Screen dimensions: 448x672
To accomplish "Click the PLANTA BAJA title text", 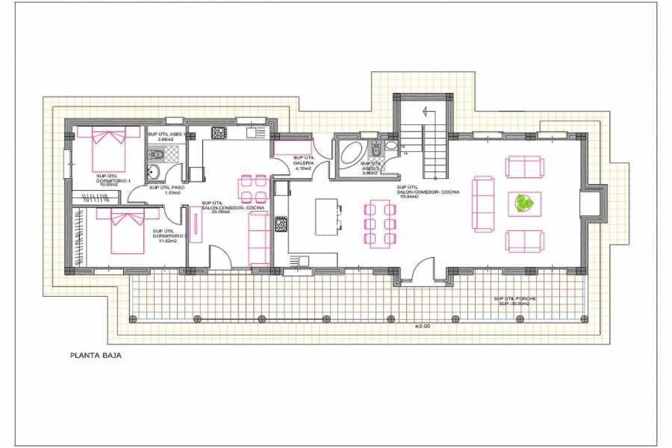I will [x=96, y=356].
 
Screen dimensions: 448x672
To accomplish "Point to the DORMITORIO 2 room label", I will [x=170, y=236].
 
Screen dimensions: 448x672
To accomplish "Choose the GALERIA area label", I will [x=303, y=163].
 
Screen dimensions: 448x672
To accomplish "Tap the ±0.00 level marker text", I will [x=422, y=326].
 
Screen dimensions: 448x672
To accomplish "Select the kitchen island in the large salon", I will [x=326, y=217].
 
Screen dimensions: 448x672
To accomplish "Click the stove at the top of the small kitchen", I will [x=219, y=133].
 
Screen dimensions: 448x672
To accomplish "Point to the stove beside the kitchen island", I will [x=281, y=224].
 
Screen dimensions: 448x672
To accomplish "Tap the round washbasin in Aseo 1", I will [x=153, y=172].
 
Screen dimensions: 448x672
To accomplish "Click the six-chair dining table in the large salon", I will [x=380, y=224].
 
